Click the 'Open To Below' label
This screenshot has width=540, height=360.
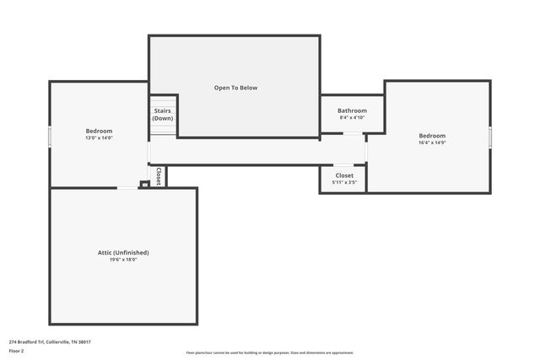coord(235,88)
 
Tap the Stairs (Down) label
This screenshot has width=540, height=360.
coord(163,115)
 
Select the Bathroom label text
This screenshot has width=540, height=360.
coord(352,110)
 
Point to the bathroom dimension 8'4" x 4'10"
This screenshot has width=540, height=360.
coord(352,118)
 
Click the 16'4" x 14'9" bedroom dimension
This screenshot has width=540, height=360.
coord(432,143)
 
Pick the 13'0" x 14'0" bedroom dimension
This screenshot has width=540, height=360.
coord(99,138)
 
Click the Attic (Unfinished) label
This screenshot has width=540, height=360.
coord(123,252)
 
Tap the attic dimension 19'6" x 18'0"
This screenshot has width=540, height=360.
coord(123,260)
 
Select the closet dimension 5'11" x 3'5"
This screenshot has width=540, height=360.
coord(344,182)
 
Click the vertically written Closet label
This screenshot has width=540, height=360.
coord(158,175)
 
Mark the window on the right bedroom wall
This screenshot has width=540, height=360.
coord(490,137)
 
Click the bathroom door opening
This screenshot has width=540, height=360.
coord(352,133)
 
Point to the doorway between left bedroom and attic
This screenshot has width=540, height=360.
coord(127,187)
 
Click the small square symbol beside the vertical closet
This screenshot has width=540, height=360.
coord(144,184)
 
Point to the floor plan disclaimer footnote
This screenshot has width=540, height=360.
coord(269,352)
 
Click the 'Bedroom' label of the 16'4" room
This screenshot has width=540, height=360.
coord(432,136)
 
